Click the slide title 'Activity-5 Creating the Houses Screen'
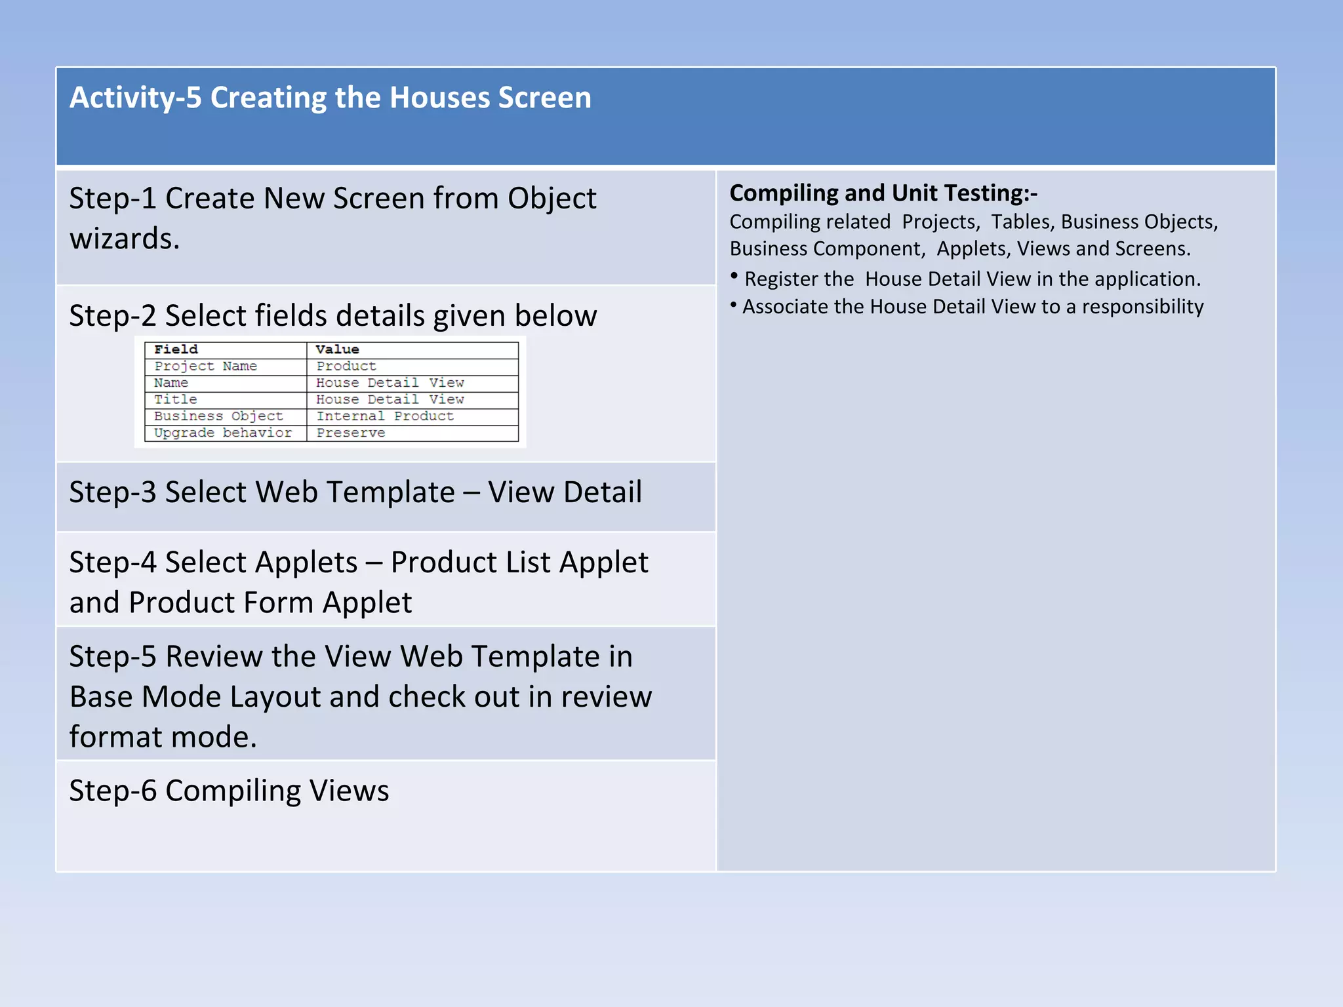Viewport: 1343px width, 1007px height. click(x=331, y=98)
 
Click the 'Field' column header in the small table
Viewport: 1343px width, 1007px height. click(x=176, y=349)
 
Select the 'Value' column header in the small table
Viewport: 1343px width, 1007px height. click(x=337, y=349)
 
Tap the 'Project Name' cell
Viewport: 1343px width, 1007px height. click(x=205, y=366)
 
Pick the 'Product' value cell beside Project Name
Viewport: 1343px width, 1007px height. click(x=346, y=366)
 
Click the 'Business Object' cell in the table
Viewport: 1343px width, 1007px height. click(x=218, y=416)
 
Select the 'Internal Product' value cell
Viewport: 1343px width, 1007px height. click(x=385, y=416)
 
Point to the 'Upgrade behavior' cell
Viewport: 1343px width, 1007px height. click(x=222, y=433)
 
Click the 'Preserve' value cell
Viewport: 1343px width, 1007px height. click(x=351, y=433)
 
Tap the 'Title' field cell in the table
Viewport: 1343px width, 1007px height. click(x=175, y=399)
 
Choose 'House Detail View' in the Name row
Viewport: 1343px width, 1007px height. click(x=390, y=383)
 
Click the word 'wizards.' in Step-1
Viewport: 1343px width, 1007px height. click(x=125, y=239)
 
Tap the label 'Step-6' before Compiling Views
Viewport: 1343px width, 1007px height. click(x=113, y=791)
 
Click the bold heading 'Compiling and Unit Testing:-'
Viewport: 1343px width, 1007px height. click(x=883, y=193)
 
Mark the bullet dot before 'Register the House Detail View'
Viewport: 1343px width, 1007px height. click(x=734, y=275)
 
